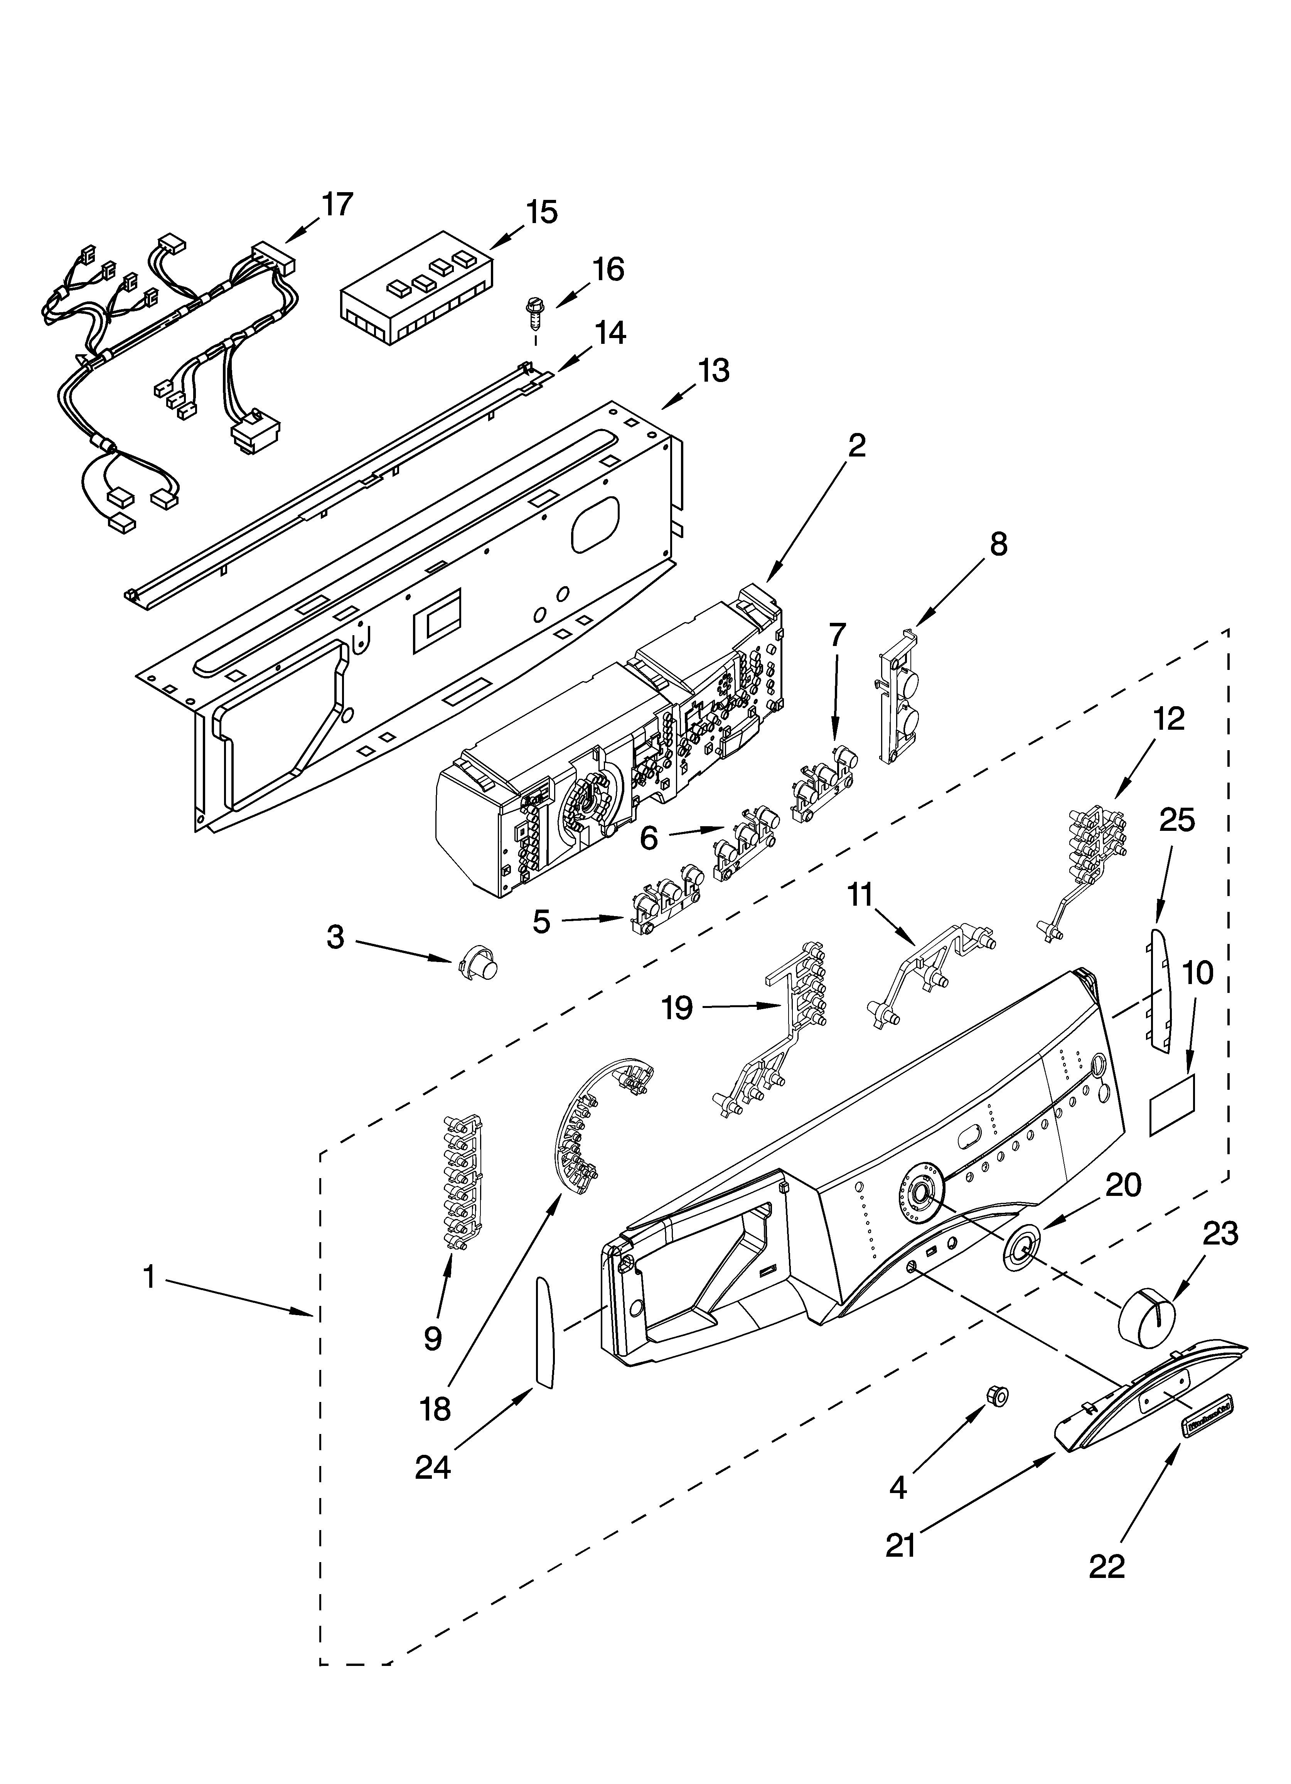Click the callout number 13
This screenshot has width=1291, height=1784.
pos(713,370)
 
